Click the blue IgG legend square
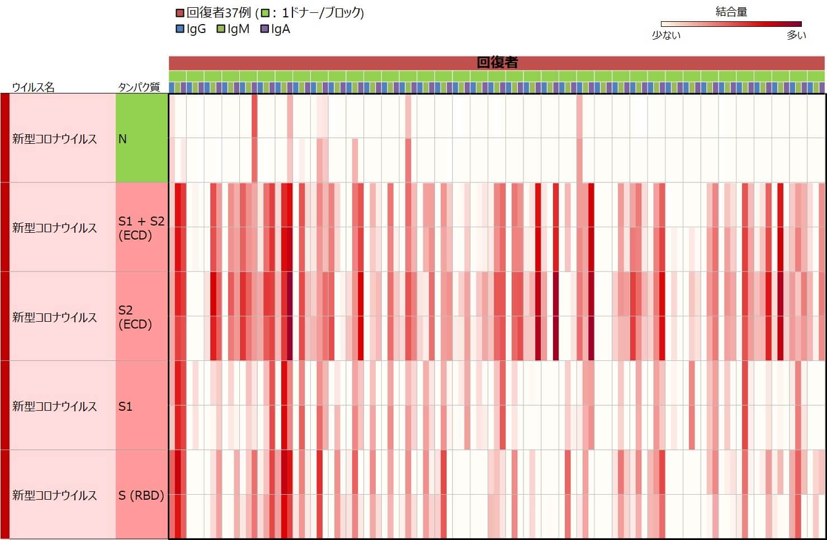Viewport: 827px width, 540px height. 179,29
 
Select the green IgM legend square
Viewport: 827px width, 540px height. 221,29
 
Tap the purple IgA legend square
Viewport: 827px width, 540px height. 264,29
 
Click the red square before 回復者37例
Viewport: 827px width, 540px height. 179,13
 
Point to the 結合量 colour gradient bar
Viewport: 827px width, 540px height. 731,24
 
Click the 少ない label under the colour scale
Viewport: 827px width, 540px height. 666,35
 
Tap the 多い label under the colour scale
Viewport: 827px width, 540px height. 796,35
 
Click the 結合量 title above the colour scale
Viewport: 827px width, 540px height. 731,12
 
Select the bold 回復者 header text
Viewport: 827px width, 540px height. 497,63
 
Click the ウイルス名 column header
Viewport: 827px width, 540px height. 34,87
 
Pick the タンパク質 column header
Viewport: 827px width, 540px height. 139,87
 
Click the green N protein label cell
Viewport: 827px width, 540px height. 142,138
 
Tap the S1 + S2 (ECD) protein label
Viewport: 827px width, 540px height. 141,228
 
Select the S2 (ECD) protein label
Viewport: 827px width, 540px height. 135,317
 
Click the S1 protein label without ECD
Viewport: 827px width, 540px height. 126,406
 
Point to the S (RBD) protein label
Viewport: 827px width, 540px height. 141,495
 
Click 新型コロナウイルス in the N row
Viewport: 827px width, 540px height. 55,139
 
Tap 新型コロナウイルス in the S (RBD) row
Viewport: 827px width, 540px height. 55,495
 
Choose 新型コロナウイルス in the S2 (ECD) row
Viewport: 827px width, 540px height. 55,317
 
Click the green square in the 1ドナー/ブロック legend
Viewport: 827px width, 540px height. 266,13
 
